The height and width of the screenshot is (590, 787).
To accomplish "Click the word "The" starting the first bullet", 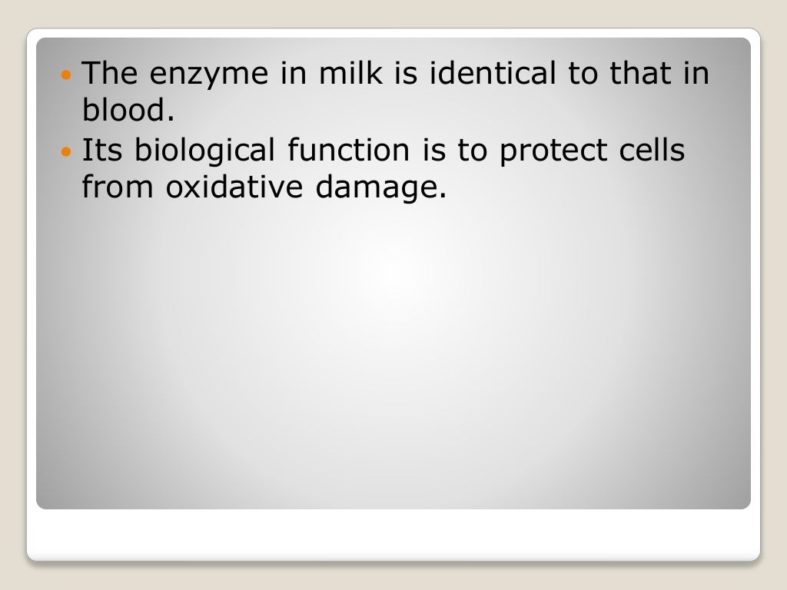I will pyautogui.click(x=107, y=74).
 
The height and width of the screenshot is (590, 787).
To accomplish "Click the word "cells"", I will pyautogui.click(x=653, y=150).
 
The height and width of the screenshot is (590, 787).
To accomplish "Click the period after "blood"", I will pyautogui.click(x=163, y=120).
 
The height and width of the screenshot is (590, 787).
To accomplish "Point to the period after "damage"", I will pyautogui.click(x=442, y=196).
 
